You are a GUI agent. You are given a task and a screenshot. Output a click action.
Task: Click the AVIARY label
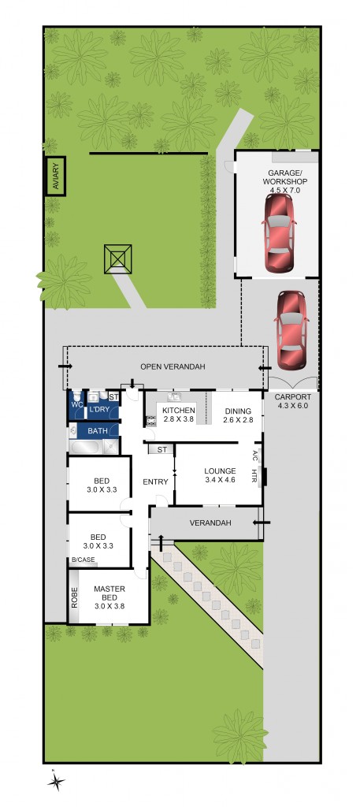55,176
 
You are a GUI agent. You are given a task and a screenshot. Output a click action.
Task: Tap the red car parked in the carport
291,330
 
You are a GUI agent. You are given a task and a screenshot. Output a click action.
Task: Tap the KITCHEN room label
178,411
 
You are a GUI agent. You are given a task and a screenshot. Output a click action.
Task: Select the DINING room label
238,411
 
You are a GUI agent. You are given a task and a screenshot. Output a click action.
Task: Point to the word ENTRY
154,482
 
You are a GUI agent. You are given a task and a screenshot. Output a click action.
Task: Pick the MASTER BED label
109,589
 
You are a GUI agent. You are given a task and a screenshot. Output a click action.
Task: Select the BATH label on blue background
98,431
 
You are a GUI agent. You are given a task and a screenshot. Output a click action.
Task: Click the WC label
76,405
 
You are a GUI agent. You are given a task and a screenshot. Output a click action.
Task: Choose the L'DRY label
99,410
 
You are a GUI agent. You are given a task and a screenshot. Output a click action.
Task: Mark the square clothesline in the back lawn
118,258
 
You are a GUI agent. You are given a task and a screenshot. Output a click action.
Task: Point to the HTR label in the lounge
254,476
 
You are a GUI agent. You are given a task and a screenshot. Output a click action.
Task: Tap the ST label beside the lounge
161,449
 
